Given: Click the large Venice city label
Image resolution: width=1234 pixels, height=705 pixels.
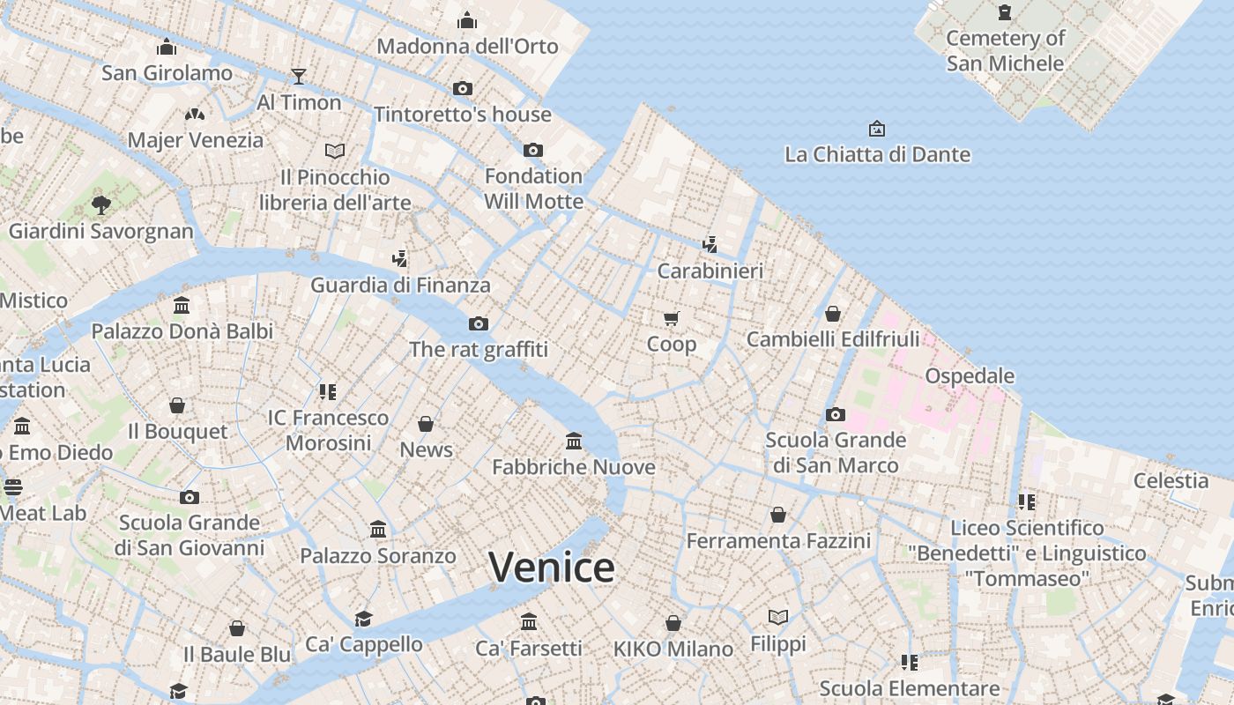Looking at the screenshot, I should coord(551,567).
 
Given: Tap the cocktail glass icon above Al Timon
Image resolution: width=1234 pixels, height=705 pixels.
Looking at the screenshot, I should coord(299,77).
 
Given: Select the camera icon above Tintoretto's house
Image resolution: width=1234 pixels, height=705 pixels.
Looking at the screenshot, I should coord(463,88).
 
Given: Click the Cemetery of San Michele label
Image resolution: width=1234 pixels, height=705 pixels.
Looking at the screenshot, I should coord(1006,50).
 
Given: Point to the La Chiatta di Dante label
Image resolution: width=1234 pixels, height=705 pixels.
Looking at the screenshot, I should coord(877,155).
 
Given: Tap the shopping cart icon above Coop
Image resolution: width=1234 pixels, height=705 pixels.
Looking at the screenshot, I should coord(672,318).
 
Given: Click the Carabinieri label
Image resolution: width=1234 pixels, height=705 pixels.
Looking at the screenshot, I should coord(710,271).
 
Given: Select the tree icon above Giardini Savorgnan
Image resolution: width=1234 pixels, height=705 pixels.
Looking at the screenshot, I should coord(101,205).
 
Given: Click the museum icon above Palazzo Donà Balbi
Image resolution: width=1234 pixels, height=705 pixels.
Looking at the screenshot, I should coord(182,306).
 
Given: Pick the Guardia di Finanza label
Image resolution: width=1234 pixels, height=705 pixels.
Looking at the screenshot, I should coord(400,285).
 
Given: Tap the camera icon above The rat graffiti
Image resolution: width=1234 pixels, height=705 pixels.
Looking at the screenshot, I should coord(479,323).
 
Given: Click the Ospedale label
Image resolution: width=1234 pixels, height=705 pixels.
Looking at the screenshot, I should coord(970,376).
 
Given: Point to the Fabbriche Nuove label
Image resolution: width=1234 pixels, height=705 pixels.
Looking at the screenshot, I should coord(574,467).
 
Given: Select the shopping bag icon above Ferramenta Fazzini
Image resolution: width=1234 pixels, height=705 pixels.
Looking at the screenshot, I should coord(778,515).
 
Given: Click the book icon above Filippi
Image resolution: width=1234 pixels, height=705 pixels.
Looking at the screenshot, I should coord(778,617).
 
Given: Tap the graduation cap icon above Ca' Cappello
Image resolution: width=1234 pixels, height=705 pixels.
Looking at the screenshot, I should coord(363,618).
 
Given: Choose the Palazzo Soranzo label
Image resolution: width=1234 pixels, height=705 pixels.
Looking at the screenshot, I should coord(378,556).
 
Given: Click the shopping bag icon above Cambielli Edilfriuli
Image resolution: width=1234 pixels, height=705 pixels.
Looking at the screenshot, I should coord(833,313).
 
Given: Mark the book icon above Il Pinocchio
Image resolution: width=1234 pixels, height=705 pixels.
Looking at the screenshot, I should coord(335,151).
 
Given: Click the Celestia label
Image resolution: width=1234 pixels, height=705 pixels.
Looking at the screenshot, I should coord(1171,480).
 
